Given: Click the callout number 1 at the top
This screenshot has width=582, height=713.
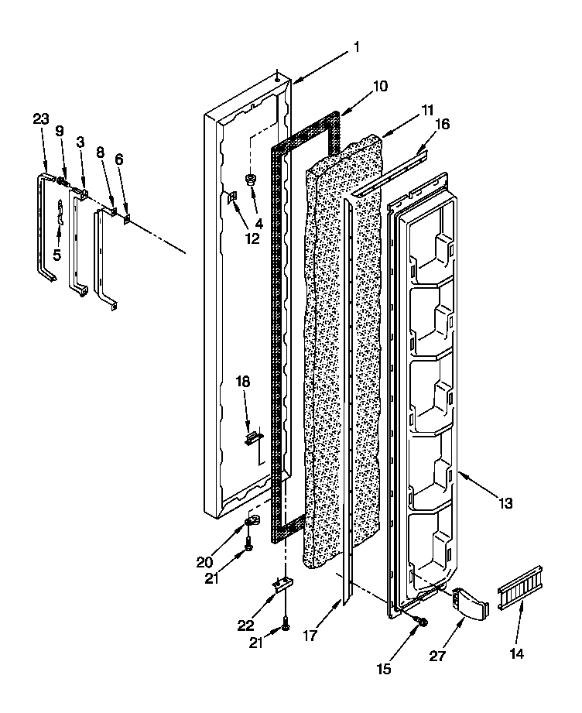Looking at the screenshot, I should click(356, 47).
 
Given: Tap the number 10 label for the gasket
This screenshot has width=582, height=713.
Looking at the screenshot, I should click(380, 87).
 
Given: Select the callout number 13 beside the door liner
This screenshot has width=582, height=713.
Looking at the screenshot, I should click(505, 504).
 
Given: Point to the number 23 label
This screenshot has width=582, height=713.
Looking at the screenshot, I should click(41, 118).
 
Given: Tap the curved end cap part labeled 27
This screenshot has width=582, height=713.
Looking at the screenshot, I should click(469, 603).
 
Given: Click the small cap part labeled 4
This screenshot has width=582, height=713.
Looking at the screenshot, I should click(251, 181).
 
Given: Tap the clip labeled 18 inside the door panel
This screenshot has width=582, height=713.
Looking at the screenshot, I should click(251, 438).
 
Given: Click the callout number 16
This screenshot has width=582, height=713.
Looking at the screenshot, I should click(442, 124).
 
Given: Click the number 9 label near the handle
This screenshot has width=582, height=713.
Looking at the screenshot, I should click(60, 132).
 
